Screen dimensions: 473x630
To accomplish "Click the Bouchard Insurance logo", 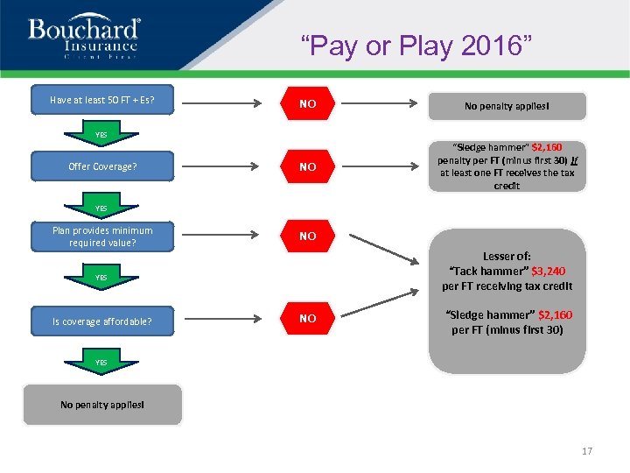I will [83, 37].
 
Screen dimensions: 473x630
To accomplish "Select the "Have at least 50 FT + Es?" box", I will [102, 100].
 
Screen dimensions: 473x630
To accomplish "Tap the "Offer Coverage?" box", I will [102, 166].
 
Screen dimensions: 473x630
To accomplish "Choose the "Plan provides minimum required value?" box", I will [102, 236].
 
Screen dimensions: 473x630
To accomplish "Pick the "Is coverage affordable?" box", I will [102, 321].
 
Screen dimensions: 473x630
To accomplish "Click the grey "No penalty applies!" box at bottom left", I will [102, 405].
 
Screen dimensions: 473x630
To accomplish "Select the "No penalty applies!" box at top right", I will [507, 106].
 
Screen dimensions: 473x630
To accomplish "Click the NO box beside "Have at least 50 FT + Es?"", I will [307, 104].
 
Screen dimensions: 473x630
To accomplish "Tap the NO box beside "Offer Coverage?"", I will [307, 166].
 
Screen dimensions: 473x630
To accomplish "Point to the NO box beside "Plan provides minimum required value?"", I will [307, 236].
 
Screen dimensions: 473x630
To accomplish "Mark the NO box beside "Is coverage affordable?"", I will [307, 319].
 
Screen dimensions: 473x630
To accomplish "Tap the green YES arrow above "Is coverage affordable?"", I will [102, 278].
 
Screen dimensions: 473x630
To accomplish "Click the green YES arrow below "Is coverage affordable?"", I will [102, 362].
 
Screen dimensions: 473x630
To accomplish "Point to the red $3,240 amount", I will [552, 272].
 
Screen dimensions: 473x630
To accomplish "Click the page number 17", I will [586, 451].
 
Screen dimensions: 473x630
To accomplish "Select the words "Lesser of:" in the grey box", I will [507, 257].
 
